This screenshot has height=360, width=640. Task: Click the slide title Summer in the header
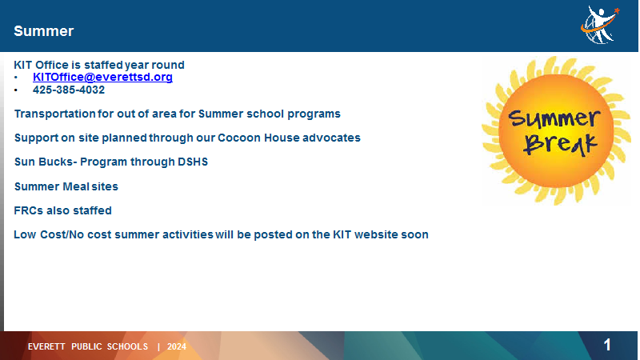(44, 31)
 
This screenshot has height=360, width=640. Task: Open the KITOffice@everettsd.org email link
(102, 77)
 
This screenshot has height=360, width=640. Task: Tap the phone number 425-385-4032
(69, 90)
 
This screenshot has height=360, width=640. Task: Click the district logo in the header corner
(600, 25)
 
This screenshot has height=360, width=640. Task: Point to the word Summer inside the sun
(554, 118)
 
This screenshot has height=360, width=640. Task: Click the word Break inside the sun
(560, 144)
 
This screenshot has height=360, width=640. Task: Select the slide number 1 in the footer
(607, 345)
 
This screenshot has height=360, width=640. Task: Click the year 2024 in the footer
(177, 346)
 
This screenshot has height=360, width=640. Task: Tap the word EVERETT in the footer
(46, 346)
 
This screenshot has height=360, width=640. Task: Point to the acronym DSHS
(193, 162)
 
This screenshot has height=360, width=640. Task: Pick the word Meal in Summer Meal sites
(75, 186)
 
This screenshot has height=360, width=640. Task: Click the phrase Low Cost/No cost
(62, 234)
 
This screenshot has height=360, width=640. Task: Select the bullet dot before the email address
(16, 78)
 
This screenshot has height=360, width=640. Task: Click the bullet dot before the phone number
(16, 90)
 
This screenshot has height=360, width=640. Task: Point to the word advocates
(331, 138)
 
